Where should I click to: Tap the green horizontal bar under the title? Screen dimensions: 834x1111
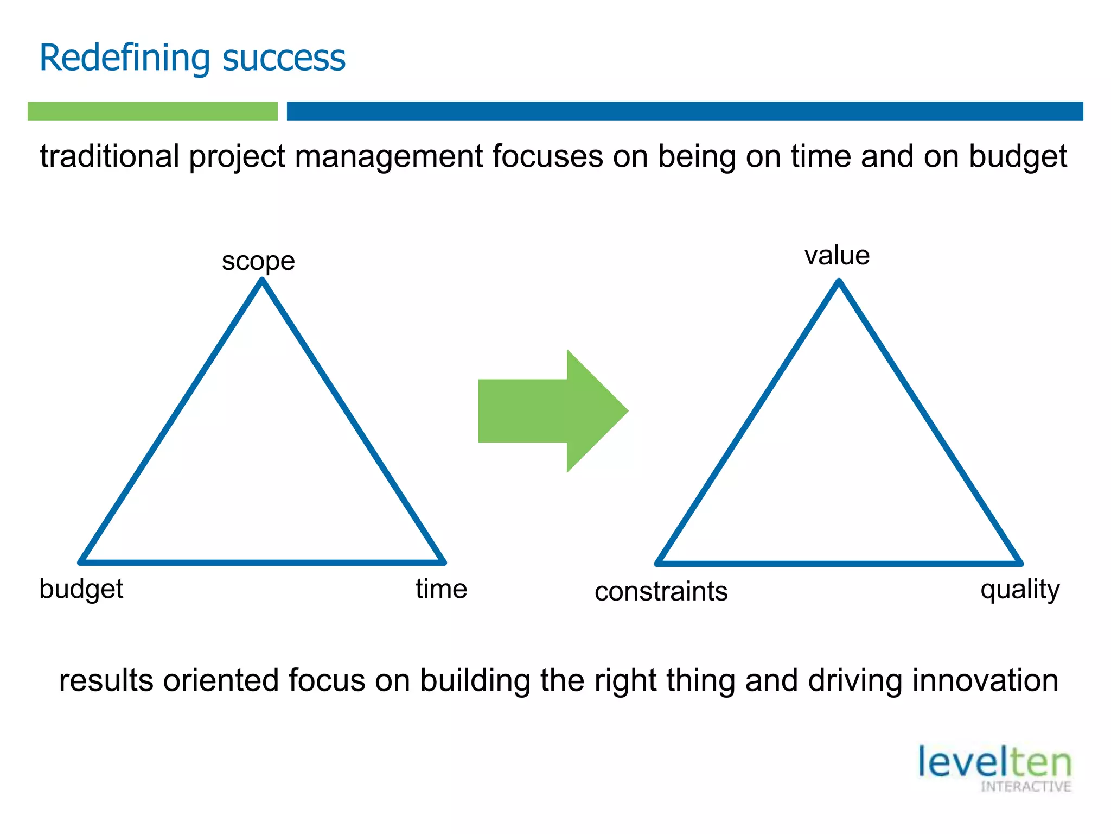(x=152, y=111)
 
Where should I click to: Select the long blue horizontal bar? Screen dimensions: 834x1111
(x=685, y=111)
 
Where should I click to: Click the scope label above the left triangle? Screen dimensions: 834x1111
(x=258, y=261)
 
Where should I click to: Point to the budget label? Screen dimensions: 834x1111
(x=81, y=589)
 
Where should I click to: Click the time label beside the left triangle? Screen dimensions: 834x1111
(x=441, y=589)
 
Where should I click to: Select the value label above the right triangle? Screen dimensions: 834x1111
(x=837, y=255)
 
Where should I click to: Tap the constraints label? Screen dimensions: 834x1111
(x=661, y=591)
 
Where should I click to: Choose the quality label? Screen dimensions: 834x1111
(x=1020, y=590)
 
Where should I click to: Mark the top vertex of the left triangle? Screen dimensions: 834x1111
(x=263, y=281)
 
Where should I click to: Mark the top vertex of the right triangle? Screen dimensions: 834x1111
(x=839, y=282)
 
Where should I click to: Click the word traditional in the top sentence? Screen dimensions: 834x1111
(x=110, y=156)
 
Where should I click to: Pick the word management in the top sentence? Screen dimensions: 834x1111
(x=389, y=156)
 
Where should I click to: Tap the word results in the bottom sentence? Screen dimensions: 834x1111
(x=106, y=680)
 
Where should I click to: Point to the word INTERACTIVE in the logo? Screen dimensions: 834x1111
(x=1025, y=787)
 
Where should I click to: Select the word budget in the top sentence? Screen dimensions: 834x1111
(x=1018, y=156)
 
